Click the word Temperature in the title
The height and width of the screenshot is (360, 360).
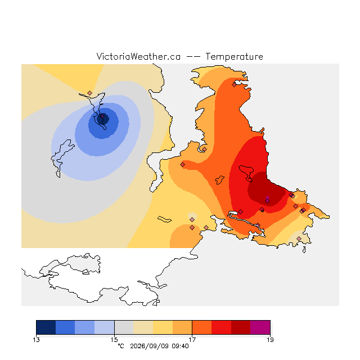tap(234, 57)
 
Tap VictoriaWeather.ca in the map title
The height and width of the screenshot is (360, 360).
tap(138, 56)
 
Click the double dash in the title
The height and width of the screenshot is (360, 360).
tap(193, 57)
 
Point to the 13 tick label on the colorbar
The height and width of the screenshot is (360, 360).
tap(36, 340)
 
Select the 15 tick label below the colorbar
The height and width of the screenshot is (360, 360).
tap(114, 340)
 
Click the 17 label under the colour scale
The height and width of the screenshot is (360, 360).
tap(192, 340)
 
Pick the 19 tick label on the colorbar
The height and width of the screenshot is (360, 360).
tap(270, 340)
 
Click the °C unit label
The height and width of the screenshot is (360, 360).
tap(121, 346)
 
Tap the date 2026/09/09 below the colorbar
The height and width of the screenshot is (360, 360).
tap(150, 346)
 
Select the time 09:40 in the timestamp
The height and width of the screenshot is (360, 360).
tap(180, 346)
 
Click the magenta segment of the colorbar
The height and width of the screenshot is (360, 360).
tap(260, 327)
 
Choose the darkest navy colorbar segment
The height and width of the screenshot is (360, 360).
tap(46, 327)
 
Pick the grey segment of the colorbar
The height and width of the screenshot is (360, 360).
tap(124, 327)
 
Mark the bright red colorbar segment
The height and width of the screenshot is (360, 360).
tap(221, 327)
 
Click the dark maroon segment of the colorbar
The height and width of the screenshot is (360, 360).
tap(241, 327)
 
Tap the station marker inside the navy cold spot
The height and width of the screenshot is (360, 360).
tap(102, 116)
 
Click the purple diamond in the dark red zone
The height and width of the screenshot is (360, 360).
tap(268, 201)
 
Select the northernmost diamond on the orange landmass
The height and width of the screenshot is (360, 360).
tap(234, 85)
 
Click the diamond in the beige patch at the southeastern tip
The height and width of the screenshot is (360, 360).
tap(299, 238)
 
